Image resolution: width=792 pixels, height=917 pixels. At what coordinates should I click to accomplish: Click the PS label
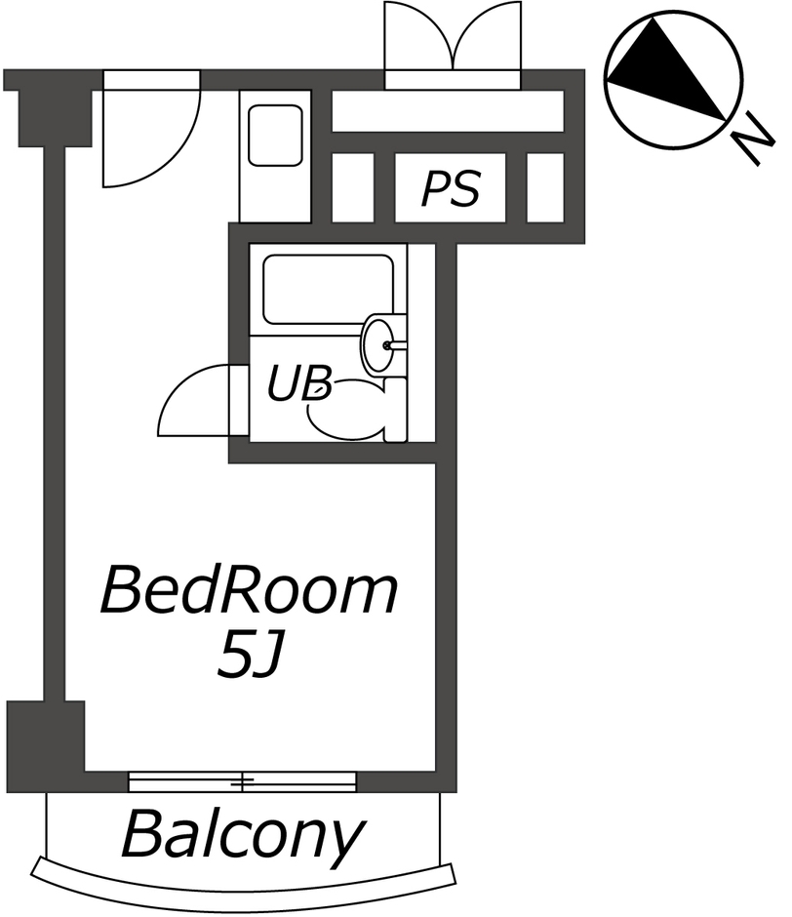tap(451, 188)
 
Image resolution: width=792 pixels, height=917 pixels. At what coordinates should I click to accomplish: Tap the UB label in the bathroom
tap(299, 383)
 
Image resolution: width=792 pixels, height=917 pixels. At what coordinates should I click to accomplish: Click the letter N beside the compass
tap(753, 140)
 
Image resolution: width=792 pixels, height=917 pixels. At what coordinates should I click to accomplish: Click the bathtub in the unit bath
tap(328, 290)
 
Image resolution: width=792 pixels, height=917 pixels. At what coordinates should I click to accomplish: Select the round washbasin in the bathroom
tap(377, 345)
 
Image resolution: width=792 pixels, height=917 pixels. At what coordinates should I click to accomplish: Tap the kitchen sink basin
tap(275, 136)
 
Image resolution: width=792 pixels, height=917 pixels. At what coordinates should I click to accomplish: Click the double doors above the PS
tap(453, 46)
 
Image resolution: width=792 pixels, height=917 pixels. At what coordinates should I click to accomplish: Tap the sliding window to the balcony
tap(242, 781)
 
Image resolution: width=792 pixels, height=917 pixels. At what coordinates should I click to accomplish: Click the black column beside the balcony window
tap(46, 745)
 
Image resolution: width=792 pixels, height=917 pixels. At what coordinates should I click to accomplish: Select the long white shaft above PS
tap(448, 111)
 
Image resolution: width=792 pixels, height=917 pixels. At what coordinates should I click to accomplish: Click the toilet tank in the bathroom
tap(396, 410)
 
